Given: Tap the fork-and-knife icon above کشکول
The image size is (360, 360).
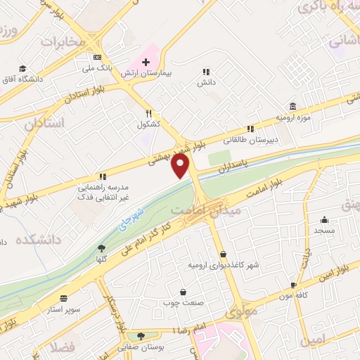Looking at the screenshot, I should pyautogui.click(x=148, y=112).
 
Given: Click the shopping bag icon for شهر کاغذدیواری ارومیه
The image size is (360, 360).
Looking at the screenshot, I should pyautogui.click(x=223, y=255).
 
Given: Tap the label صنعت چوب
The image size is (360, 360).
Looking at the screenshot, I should pyautogui.click(x=184, y=303).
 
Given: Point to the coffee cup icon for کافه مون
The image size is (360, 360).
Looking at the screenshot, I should pyautogui.click(x=293, y=285).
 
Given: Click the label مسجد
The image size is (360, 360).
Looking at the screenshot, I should pyautogui.click(x=325, y=231).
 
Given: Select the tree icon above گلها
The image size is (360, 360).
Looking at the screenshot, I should pyautogui.click(x=102, y=247).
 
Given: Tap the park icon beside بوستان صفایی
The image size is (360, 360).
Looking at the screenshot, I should pyautogui.click(x=142, y=336).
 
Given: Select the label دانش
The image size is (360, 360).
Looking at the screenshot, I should pyautogui.click(x=206, y=82).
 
